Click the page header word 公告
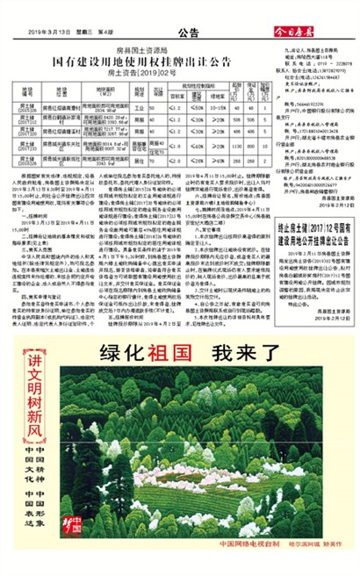point(188,34)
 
